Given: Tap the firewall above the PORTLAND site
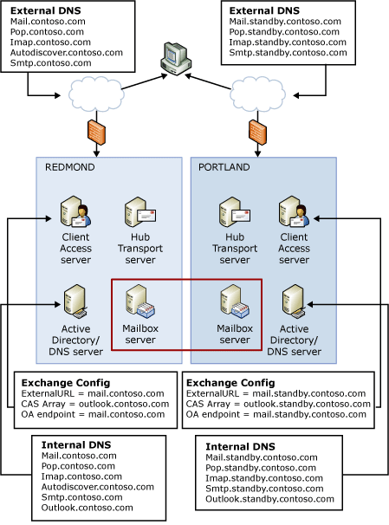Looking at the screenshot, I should coord(256,132).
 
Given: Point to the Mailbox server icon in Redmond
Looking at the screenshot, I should coord(139,301).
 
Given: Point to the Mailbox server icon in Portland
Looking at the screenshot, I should coord(234,301).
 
